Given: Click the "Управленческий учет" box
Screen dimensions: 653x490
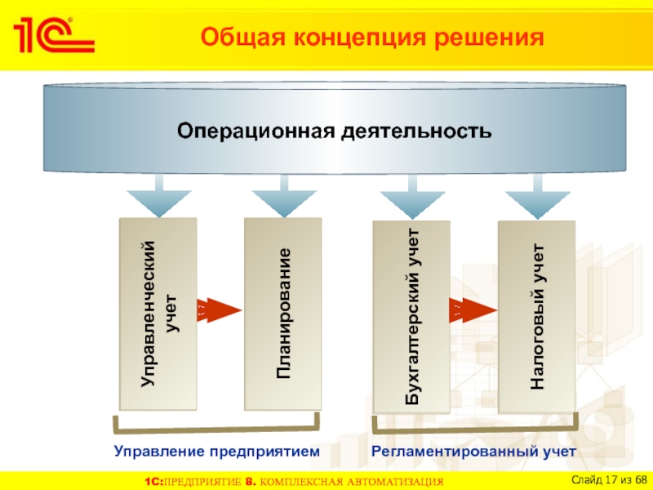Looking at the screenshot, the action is pos(158,314).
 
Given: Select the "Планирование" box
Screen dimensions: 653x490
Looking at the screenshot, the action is pos(283,314).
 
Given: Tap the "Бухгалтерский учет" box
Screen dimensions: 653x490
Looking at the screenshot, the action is pos(411,317).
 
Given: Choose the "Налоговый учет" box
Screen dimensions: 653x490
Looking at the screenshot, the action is pos(536,317).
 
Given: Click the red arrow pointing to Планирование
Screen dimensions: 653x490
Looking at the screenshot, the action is pos(219,310).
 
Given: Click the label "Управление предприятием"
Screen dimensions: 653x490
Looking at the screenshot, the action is pos(216,451).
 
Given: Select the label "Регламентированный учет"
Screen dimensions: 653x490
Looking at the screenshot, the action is pos(473,451).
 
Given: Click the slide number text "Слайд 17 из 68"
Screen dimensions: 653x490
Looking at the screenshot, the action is pos(609,478).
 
